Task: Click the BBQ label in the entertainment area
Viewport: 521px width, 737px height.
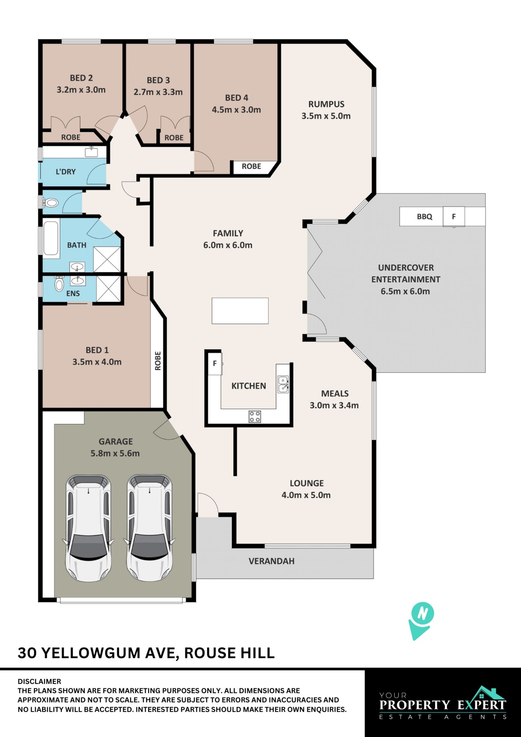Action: pos(424,217)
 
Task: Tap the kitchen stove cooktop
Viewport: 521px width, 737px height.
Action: pos(255,417)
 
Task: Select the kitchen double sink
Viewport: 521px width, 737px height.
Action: pos(283,384)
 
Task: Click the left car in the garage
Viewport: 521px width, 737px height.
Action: pos(88,528)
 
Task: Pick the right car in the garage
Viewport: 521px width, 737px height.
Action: pos(150,528)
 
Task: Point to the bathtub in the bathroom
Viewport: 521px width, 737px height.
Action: pos(51,238)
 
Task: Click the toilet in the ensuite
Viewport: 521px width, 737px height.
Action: pos(59,283)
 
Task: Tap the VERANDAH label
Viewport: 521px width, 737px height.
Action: pos(271,561)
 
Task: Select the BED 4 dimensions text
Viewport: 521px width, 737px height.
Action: pos(236,110)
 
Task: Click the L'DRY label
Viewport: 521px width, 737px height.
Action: pos(66,172)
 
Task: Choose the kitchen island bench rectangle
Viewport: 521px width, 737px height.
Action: pos(240,311)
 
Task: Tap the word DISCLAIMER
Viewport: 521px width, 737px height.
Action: pos(39,681)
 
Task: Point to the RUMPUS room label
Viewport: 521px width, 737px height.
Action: pos(326,104)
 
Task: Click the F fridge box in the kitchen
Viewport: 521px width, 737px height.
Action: pos(215,363)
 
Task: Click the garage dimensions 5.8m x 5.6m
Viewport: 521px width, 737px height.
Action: pos(115,454)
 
